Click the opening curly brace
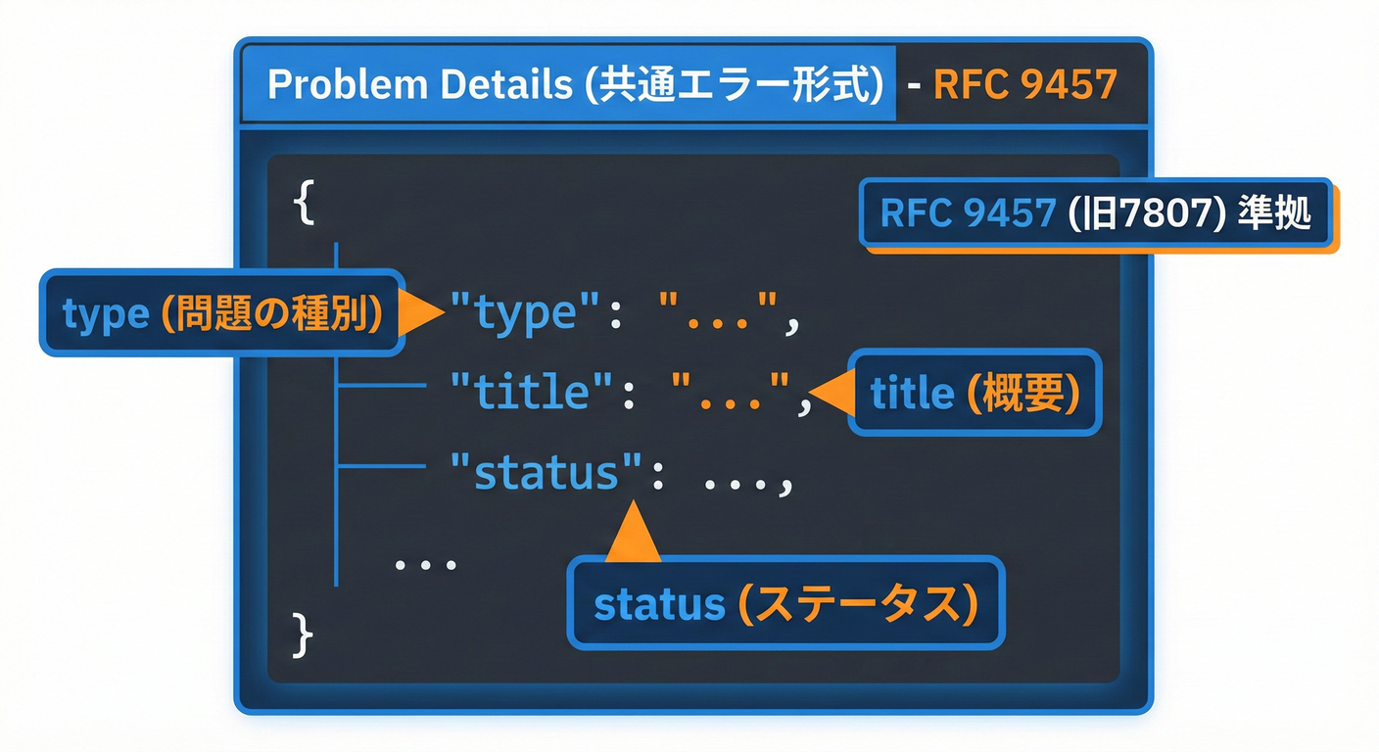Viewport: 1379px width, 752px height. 304,203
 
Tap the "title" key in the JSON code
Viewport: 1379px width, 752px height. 533,393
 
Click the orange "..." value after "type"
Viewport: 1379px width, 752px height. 720,315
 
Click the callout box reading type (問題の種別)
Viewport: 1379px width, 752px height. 221,313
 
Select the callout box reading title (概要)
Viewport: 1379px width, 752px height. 975,394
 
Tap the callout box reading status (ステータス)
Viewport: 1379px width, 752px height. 785,604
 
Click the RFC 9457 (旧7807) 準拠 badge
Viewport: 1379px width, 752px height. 1095,212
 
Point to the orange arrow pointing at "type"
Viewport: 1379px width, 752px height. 424,313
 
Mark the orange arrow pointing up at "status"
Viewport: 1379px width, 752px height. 633,534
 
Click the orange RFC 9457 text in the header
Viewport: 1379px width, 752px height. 1024,85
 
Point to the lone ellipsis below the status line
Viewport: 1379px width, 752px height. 425,565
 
